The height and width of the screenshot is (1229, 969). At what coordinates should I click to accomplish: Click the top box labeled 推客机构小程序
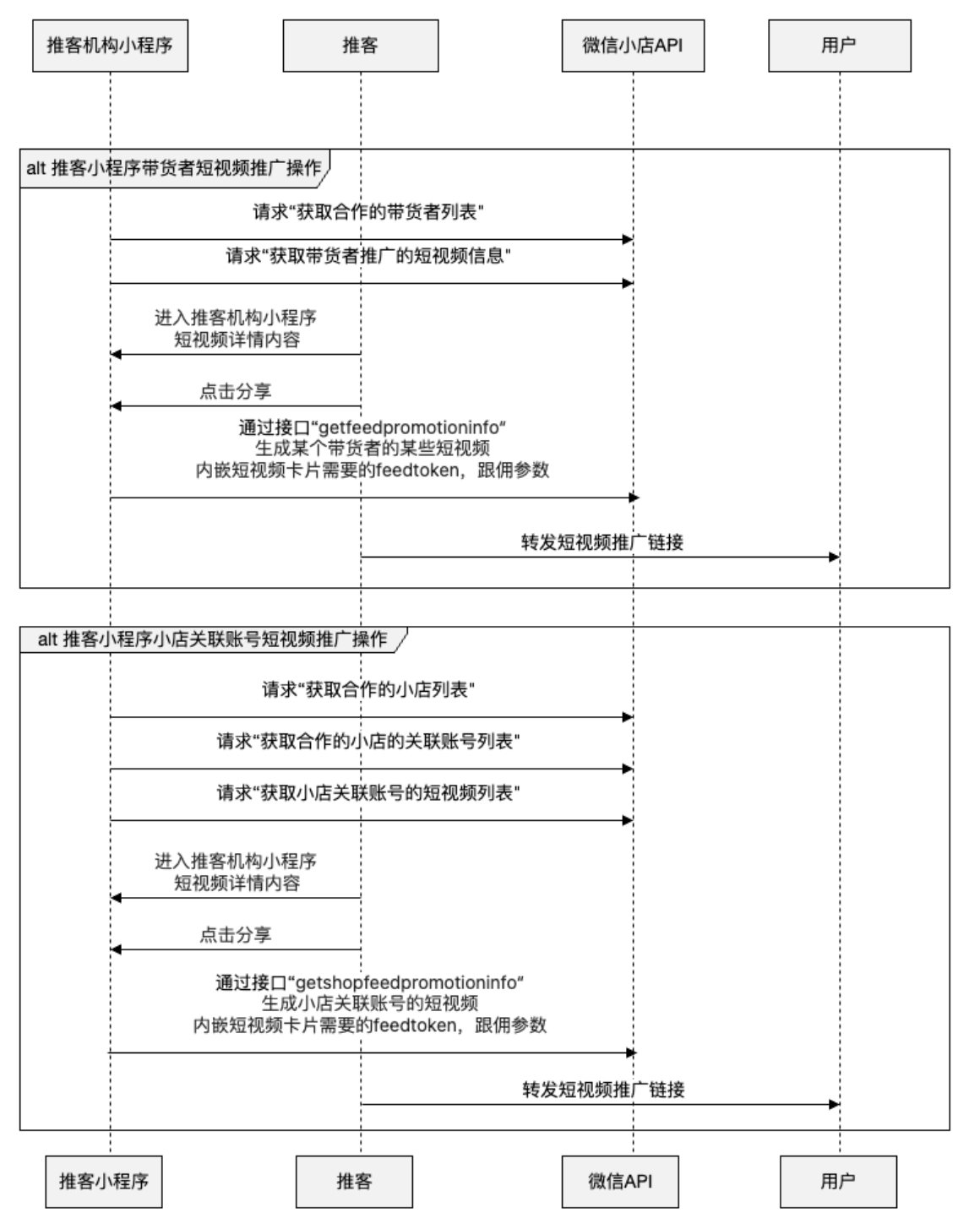pyautogui.click(x=110, y=46)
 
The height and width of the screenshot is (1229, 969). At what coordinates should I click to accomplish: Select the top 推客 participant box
pyautogui.click(x=360, y=46)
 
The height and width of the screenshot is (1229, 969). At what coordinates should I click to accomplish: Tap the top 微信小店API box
pyautogui.click(x=632, y=46)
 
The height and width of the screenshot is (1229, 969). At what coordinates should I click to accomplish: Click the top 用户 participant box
pyautogui.click(x=839, y=46)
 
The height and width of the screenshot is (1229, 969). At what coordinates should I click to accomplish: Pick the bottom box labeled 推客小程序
pyautogui.click(x=104, y=1181)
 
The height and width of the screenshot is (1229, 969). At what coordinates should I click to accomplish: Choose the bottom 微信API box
pyautogui.click(x=620, y=1181)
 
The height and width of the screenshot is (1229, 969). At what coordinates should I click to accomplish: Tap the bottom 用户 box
pyautogui.click(x=838, y=1181)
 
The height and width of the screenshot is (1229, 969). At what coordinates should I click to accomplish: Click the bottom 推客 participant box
pyautogui.click(x=354, y=1181)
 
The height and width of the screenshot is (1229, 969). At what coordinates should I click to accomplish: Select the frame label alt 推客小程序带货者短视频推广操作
pyautogui.click(x=174, y=167)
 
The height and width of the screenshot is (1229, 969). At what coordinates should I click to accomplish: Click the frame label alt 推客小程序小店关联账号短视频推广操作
pyautogui.click(x=212, y=639)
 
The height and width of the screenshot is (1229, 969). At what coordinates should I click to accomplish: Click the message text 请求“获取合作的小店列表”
pyautogui.click(x=367, y=690)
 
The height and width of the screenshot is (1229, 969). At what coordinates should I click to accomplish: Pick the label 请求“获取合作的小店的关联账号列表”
pyautogui.click(x=367, y=742)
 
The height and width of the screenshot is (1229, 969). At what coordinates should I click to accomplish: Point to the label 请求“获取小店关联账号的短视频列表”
pyautogui.click(x=367, y=793)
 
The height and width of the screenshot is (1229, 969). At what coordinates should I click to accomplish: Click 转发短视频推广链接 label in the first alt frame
pyautogui.click(x=602, y=542)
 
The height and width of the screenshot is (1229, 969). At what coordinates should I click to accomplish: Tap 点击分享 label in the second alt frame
pyautogui.click(x=235, y=935)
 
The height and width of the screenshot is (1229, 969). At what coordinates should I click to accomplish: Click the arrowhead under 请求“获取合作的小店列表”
pyautogui.click(x=628, y=717)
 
